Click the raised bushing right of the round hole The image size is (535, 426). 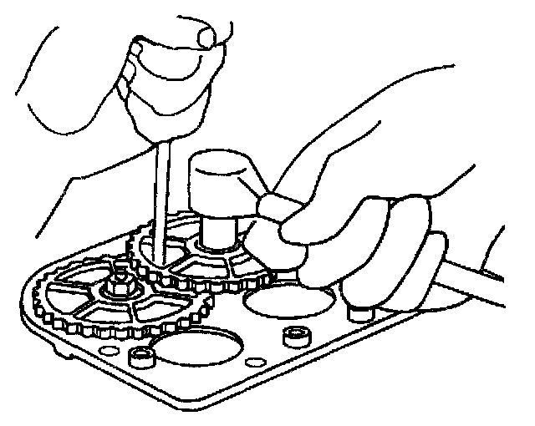[x=293, y=336]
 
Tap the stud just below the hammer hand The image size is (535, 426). [x=359, y=314]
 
